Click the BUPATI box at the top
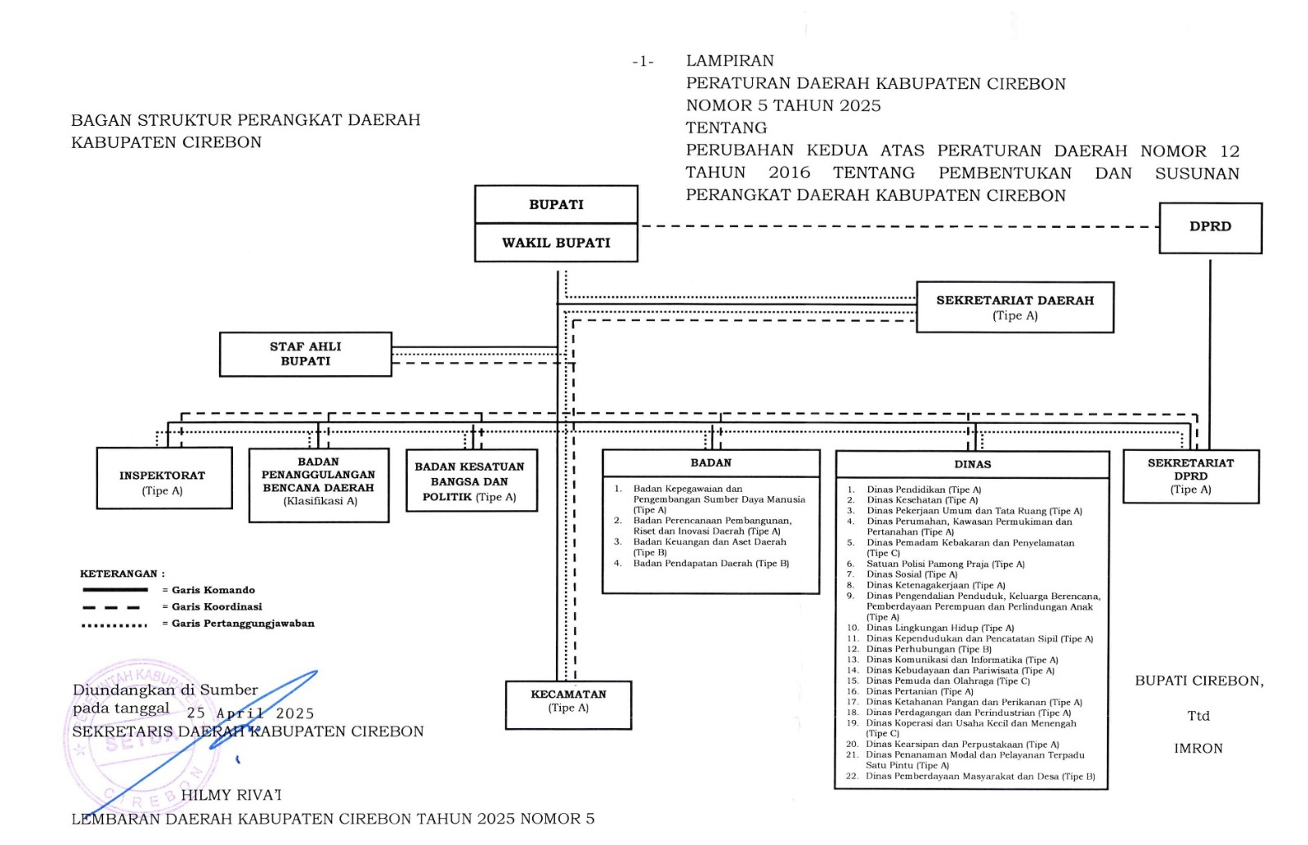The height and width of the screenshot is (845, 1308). pos(556,204)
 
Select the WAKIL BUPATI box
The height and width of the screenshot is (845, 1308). pos(556,243)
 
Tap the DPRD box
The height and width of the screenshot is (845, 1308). pos(1210,227)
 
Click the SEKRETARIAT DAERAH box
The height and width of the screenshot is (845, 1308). pos(1015,307)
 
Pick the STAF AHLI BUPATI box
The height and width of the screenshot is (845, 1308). pos(305,354)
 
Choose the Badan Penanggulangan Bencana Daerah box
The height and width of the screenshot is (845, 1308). pos(318,484)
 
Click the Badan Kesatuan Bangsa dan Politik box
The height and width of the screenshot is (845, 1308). pos(471,481)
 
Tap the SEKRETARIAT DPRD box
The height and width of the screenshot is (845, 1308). pos(1190,476)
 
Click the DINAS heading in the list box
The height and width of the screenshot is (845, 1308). pos(972,464)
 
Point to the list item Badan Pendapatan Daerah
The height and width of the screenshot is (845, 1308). pos(710,563)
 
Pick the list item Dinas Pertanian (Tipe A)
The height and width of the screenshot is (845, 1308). pos(920,691)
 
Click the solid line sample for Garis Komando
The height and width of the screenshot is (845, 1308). pos(115,589)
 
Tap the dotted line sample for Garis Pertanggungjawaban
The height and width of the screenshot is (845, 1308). pos(115,625)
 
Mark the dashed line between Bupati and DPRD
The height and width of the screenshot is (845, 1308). pos(899,226)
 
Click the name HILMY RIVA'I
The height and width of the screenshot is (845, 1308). pos(231,795)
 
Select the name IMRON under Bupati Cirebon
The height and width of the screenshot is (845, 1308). pos(1198,749)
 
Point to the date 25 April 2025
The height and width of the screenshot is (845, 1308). pos(250,713)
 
